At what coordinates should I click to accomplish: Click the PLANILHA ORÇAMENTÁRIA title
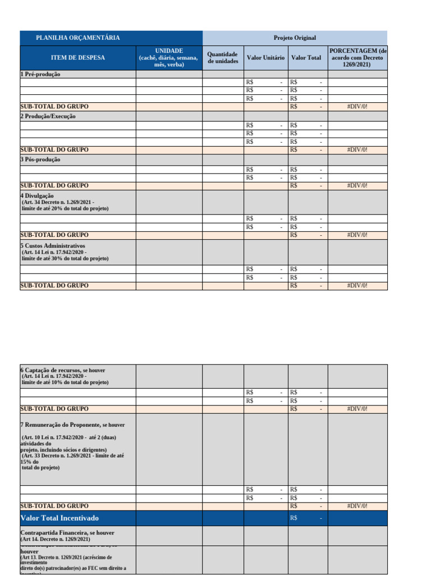(77, 38)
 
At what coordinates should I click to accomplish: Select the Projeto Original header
(295, 38)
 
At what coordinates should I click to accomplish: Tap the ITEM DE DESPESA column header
(77, 57)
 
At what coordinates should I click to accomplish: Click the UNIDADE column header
(169, 57)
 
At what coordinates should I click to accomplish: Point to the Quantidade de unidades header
(223, 57)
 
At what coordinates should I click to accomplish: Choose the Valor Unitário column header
(265, 57)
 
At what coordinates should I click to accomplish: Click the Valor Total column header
(306, 57)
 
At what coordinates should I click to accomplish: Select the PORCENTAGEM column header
(357, 57)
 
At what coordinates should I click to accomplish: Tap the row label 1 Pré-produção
(40, 74)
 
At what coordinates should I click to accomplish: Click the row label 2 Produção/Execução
(48, 116)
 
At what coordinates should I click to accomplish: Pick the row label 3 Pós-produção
(41, 159)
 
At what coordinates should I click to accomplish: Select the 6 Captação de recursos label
(62, 371)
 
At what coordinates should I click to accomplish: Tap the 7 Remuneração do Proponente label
(72, 425)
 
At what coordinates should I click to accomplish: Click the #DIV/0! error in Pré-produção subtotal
(357, 107)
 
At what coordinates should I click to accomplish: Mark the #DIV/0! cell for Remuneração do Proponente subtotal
(357, 506)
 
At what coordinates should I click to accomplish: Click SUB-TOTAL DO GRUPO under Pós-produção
(54, 185)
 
